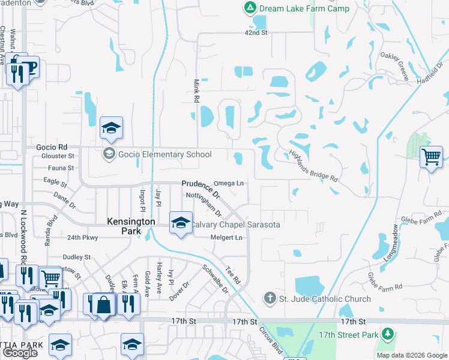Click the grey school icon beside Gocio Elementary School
click(109, 154)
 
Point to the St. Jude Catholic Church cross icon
click(270, 298)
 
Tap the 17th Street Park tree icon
click(388, 334)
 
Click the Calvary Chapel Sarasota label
click(235, 224)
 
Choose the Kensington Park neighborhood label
click(131, 221)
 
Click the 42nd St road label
click(255, 32)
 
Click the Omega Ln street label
click(229, 183)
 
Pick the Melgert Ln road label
click(226, 238)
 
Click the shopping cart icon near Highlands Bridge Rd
click(431, 157)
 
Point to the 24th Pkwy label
click(82, 237)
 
